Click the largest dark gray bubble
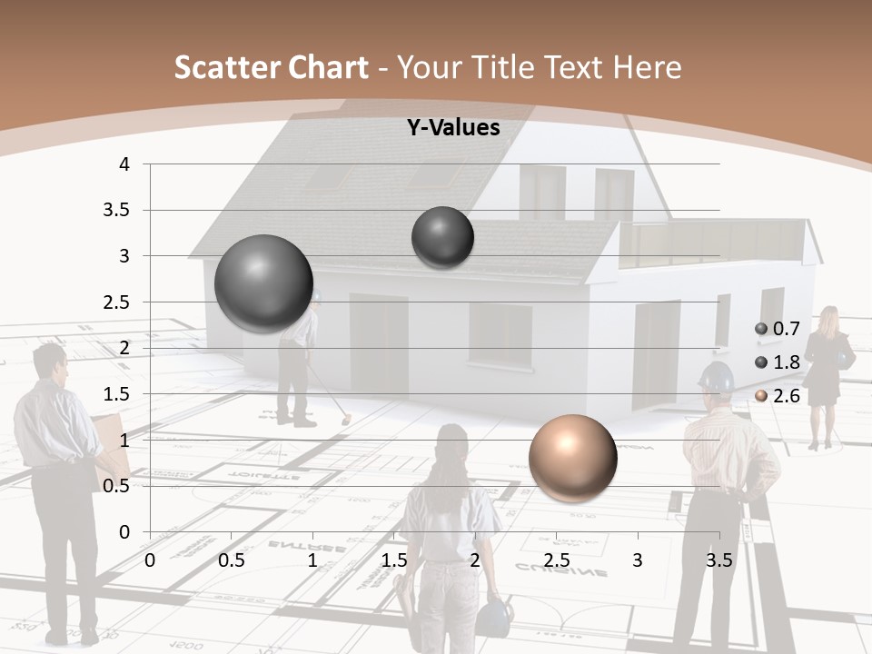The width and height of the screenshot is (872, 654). click(263, 283)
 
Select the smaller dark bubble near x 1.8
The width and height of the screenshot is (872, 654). click(442, 237)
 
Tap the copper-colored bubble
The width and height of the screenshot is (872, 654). click(572, 458)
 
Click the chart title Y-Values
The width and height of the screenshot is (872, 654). click(452, 128)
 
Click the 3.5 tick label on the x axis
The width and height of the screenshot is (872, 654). click(718, 560)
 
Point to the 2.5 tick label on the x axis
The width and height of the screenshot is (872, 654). click(556, 560)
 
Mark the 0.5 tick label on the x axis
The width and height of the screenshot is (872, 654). click(231, 560)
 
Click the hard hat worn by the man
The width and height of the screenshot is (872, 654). click(716, 377)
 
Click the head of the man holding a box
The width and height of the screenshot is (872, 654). click(50, 362)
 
